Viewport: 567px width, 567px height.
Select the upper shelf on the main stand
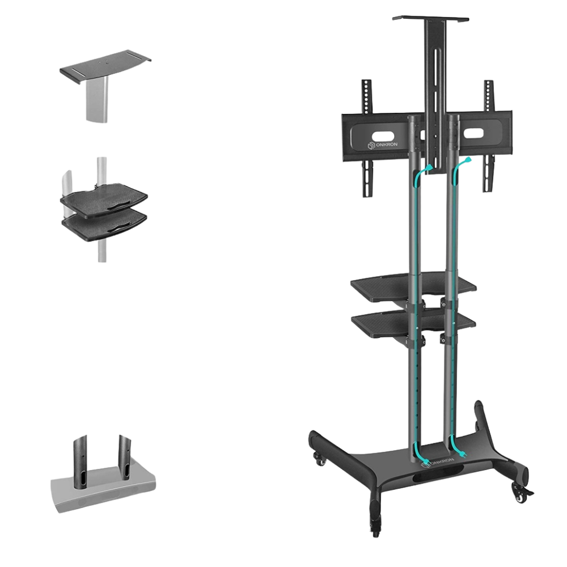click(x=413, y=288)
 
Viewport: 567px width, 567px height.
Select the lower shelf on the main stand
click(x=413, y=323)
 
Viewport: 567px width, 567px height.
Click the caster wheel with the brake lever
click(x=521, y=494)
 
